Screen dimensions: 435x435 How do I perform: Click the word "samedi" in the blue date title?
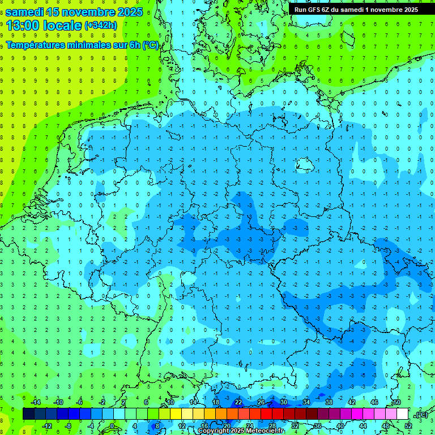26,12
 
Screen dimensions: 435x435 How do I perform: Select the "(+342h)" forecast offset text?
101,25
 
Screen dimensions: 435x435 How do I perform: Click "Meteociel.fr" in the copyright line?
264,431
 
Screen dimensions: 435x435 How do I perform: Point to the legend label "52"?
408,425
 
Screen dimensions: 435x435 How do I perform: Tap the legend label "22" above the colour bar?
238,402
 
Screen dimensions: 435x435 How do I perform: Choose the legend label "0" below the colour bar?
112,425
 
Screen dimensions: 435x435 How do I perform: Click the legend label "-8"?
68,425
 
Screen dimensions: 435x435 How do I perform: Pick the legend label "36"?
317,425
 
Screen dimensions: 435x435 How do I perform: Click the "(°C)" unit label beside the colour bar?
421,415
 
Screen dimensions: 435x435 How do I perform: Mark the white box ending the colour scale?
403,414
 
